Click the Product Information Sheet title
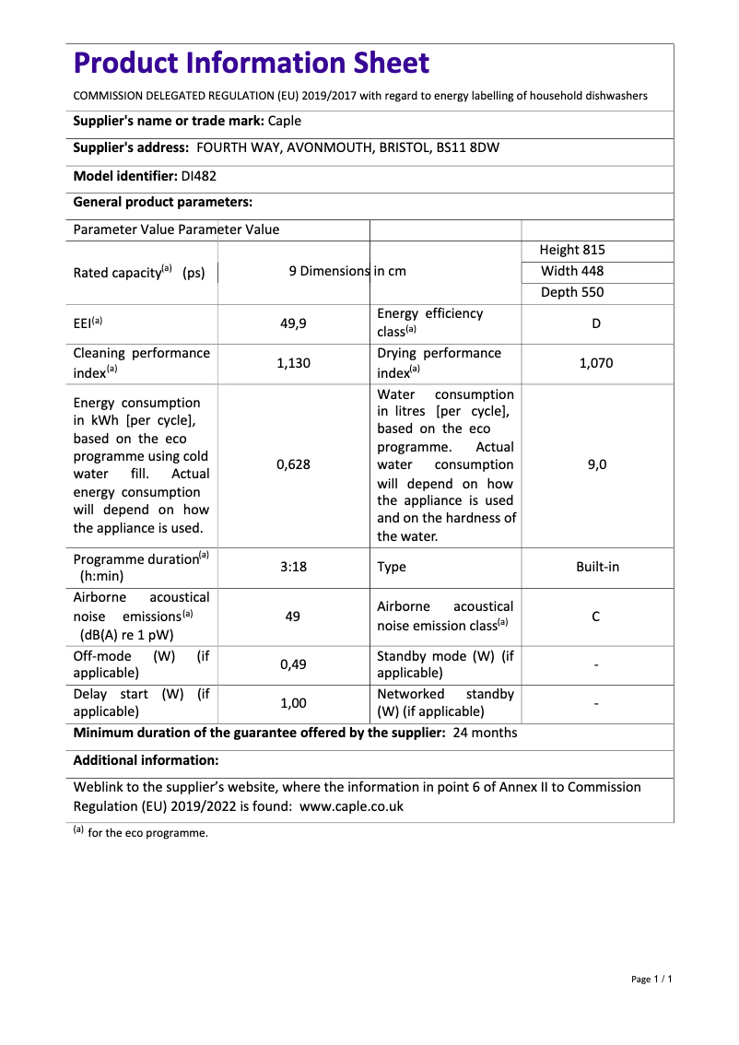point(251,63)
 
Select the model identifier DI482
point(199,175)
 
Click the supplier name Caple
point(285,121)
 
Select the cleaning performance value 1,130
point(293,363)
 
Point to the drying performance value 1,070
point(596,363)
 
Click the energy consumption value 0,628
point(293,464)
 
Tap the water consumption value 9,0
point(596,464)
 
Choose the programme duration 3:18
point(293,567)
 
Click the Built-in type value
point(597,567)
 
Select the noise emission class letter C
point(596,616)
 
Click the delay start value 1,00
point(293,703)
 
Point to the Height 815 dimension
point(572,250)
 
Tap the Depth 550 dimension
point(572,292)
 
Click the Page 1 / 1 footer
point(651,979)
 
